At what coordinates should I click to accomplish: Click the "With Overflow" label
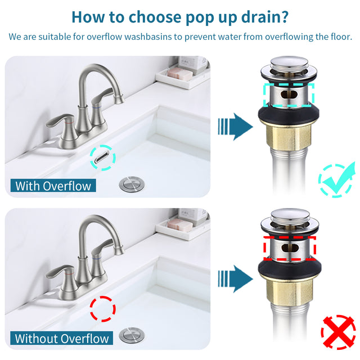[53, 186]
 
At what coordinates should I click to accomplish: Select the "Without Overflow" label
[62, 339]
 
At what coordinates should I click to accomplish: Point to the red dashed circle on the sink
[102, 308]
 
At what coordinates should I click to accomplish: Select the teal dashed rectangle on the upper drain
[289, 94]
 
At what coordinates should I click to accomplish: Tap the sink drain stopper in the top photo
[132, 184]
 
